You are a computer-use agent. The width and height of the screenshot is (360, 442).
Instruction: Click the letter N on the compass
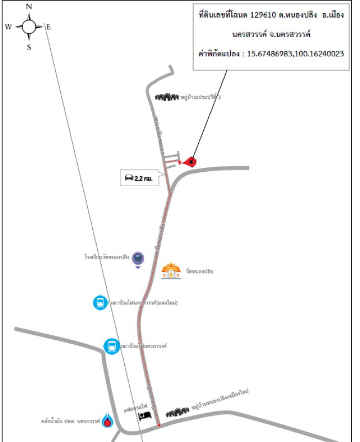[x=29, y=7]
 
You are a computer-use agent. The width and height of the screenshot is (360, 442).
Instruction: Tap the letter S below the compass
[x=29, y=47]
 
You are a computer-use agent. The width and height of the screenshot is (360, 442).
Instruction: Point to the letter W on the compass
[x=8, y=27]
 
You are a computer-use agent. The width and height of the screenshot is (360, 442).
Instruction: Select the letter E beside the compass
[x=48, y=27]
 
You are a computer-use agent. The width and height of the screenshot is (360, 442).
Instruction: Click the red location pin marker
[x=190, y=161]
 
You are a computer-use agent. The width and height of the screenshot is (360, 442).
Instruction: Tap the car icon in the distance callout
[x=129, y=177]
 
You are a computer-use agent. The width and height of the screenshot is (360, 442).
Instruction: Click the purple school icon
[x=138, y=259]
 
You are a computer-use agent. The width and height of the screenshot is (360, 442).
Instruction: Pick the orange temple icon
[x=171, y=271]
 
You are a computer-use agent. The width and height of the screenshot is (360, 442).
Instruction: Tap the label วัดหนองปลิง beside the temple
[x=199, y=272]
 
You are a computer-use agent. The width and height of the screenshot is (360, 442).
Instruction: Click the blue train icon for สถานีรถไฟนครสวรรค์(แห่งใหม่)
[x=100, y=302]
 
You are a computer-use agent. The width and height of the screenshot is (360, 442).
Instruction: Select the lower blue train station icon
[x=112, y=346]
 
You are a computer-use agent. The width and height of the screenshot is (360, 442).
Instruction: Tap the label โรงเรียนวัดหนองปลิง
[x=107, y=257]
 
